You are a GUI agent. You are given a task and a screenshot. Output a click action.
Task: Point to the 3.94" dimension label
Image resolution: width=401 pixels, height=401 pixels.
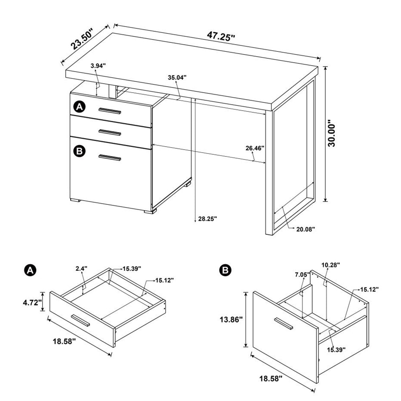coord(98,66)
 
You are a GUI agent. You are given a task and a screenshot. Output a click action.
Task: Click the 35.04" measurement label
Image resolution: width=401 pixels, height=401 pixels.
coord(177,78)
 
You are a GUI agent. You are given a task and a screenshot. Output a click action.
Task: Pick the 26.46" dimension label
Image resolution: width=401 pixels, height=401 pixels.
coord(255,148)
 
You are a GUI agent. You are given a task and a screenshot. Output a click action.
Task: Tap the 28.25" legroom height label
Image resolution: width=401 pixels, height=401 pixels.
coord(207,219)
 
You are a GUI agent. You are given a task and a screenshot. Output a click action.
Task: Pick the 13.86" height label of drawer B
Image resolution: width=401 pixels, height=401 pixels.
coord(231,320)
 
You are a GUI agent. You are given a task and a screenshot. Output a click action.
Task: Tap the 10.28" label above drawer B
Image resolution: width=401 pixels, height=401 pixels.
coord(330,265)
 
